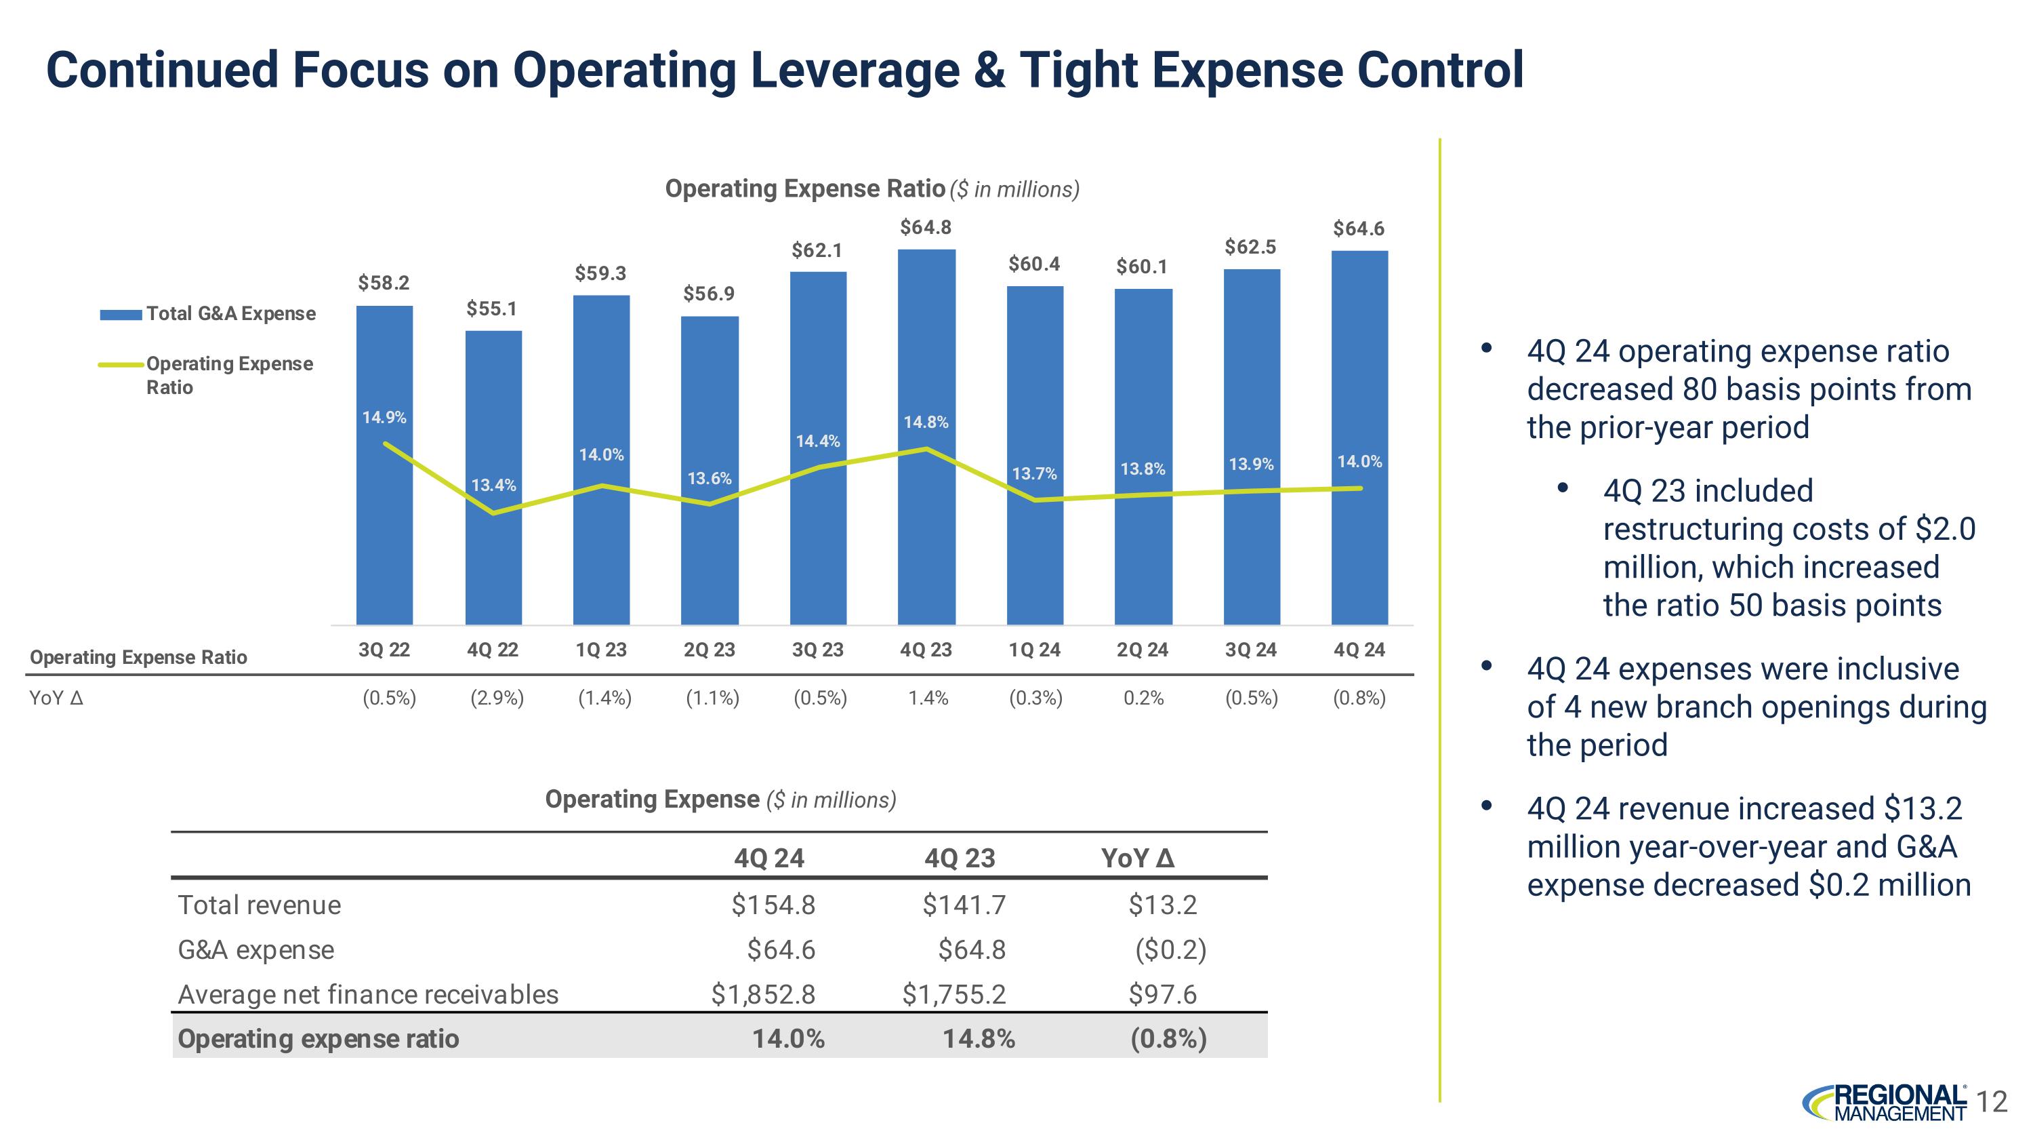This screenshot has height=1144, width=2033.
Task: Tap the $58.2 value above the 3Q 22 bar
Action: coord(384,283)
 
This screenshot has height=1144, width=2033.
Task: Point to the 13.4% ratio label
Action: coord(494,485)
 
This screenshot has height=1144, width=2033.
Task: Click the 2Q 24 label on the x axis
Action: coord(1143,650)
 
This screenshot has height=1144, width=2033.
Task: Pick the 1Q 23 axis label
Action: coord(601,650)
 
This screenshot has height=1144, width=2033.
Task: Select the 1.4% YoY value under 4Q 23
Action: coord(928,698)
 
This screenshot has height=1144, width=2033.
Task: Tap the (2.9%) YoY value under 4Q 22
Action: coord(497,698)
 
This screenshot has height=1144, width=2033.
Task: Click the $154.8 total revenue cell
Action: coord(773,905)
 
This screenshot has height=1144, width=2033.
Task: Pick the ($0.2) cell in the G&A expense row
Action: coord(1170,950)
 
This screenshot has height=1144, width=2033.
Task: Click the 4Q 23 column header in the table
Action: coord(960,859)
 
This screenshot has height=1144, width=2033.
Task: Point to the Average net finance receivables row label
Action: coord(369,995)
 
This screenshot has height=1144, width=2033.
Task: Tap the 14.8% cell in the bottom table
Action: coord(979,1039)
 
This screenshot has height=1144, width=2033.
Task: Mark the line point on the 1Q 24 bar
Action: coord(1035,500)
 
